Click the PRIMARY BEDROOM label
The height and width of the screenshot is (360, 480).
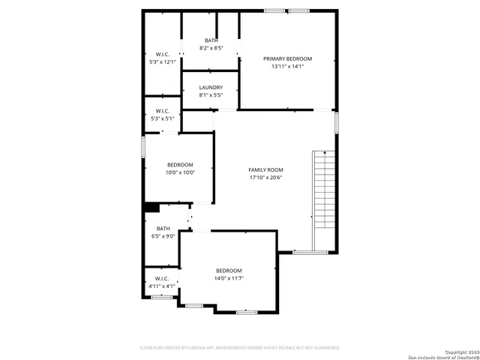[x=287, y=58]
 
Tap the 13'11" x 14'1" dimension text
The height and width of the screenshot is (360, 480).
[x=287, y=66]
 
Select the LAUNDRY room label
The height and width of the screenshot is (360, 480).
[x=211, y=88]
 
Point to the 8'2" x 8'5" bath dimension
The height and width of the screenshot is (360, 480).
[x=211, y=48]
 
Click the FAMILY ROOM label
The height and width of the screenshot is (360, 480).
[x=266, y=169]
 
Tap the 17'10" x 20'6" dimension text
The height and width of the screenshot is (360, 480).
[x=266, y=178]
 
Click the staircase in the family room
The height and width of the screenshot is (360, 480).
[x=324, y=191]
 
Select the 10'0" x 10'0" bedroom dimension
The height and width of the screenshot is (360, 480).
[x=180, y=172]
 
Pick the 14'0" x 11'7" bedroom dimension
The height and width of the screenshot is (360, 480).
[x=229, y=278]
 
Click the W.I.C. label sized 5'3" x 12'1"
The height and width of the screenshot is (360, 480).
[x=163, y=54]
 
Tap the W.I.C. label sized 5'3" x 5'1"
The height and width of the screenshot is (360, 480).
[x=163, y=111]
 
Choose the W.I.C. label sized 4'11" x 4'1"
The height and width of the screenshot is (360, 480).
[x=163, y=278]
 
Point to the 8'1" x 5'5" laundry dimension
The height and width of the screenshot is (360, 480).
[x=211, y=95]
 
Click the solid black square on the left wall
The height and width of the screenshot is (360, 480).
[x=149, y=208]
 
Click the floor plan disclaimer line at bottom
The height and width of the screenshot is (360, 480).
[x=240, y=347]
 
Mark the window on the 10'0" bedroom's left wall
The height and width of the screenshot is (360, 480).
[x=143, y=146]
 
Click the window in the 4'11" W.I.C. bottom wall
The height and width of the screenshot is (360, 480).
[x=162, y=297]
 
